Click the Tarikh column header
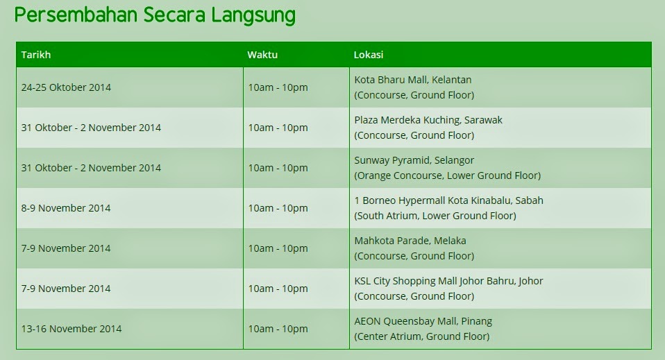click(36, 55)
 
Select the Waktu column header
click(262, 55)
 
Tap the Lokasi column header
click(369, 55)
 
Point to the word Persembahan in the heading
click(76, 15)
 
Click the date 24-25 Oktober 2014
click(66, 87)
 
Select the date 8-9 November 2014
click(66, 208)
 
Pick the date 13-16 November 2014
click(71, 329)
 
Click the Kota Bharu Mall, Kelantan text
click(412, 80)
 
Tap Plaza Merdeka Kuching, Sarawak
click(428, 120)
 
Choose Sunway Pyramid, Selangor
click(414, 160)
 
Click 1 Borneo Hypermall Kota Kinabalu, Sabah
click(448, 200)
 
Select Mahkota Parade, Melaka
click(410, 241)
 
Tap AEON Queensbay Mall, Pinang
click(423, 321)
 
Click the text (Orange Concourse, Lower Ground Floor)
click(448, 175)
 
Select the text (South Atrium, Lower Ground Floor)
click(435, 216)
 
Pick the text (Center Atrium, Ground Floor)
click(422, 336)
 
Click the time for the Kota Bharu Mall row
click(278, 87)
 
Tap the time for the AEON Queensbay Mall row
click(278, 329)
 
